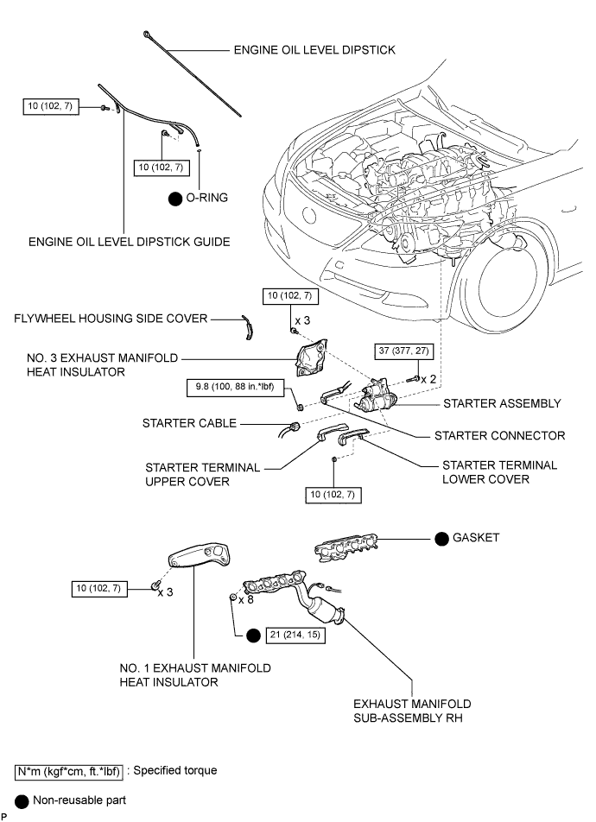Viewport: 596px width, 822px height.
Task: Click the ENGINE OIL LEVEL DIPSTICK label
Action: (x=314, y=50)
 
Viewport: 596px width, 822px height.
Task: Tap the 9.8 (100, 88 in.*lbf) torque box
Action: (x=235, y=388)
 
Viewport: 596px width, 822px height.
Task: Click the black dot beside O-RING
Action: (x=174, y=199)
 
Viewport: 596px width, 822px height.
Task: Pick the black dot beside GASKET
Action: (x=441, y=539)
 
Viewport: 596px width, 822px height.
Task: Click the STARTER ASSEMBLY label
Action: (x=502, y=404)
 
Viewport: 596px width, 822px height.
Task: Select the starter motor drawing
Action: (x=377, y=397)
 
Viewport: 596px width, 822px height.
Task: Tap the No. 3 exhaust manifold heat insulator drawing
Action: (x=312, y=358)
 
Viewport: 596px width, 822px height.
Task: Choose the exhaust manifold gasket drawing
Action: (x=346, y=547)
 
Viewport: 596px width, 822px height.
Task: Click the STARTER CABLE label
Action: (x=189, y=423)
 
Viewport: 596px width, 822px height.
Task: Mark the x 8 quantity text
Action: (x=245, y=599)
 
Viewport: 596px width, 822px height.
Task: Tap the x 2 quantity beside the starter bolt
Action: (x=428, y=379)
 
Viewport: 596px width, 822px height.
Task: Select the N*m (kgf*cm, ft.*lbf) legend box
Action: (x=69, y=772)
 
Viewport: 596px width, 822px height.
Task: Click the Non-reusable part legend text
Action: (x=79, y=800)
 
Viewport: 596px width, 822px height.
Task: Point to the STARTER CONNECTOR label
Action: (x=499, y=436)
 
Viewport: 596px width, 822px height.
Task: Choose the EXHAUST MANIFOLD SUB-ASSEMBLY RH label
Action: (x=412, y=711)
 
